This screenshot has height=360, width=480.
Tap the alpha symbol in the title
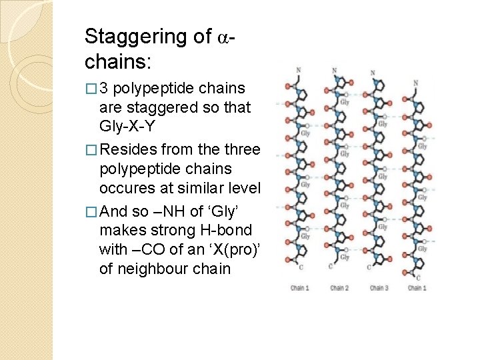224,38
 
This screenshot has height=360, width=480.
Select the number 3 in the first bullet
103,89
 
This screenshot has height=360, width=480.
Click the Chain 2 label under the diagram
339,288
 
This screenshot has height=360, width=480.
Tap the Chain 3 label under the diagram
377,288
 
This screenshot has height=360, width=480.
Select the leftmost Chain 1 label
300,288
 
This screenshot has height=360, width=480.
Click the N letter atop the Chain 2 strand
334,71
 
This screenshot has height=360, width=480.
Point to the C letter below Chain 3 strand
369,267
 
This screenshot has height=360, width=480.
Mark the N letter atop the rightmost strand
415,83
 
